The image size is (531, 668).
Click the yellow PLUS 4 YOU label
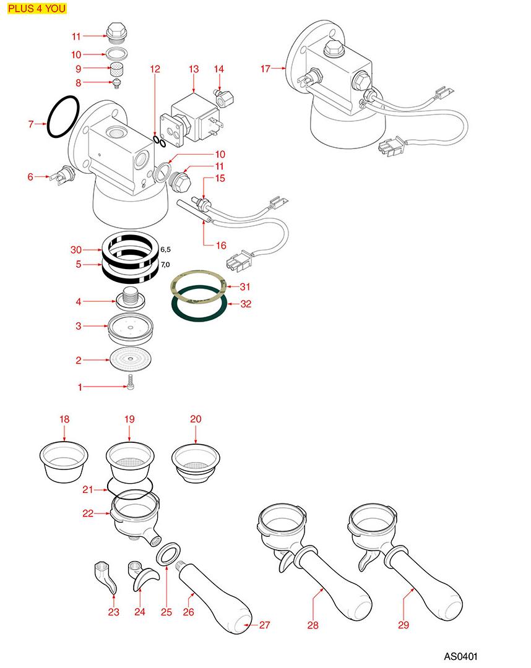(x=37, y=9)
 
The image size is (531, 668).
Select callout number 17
(x=265, y=69)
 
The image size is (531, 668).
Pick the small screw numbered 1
(x=131, y=384)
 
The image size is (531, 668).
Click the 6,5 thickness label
(x=166, y=249)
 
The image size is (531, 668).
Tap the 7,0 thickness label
(x=166, y=265)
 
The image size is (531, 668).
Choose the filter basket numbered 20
(x=196, y=461)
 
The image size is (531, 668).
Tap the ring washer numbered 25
(x=168, y=554)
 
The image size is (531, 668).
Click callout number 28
(x=313, y=625)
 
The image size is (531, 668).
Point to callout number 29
(x=404, y=625)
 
